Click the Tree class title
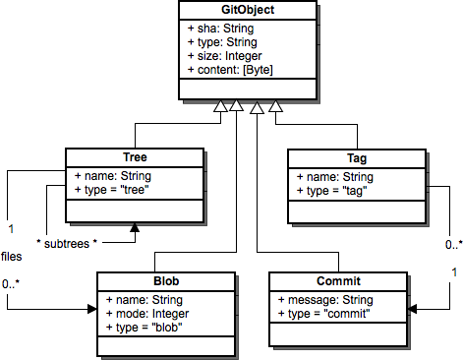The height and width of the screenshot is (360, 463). pyautogui.click(x=135, y=157)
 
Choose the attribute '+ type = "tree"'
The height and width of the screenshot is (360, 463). pyautogui.click(x=114, y=190)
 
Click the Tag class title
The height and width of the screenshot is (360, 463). pyautogui.click(x=357, y=157)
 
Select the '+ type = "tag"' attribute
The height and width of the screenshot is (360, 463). pyautogui.click(x=333, y=190)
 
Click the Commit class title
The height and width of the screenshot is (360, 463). pyautogui.click(x=337, y=281)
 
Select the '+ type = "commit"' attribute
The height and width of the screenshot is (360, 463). pyautogui.click(x=324, y=312)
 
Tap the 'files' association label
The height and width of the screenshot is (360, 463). pyautogui.click(x=13, y=257)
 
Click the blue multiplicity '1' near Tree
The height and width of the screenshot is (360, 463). pyautogui.click(x=10, y=229)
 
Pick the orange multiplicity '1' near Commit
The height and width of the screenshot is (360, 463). pyautogui.click(x=453, y=270)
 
